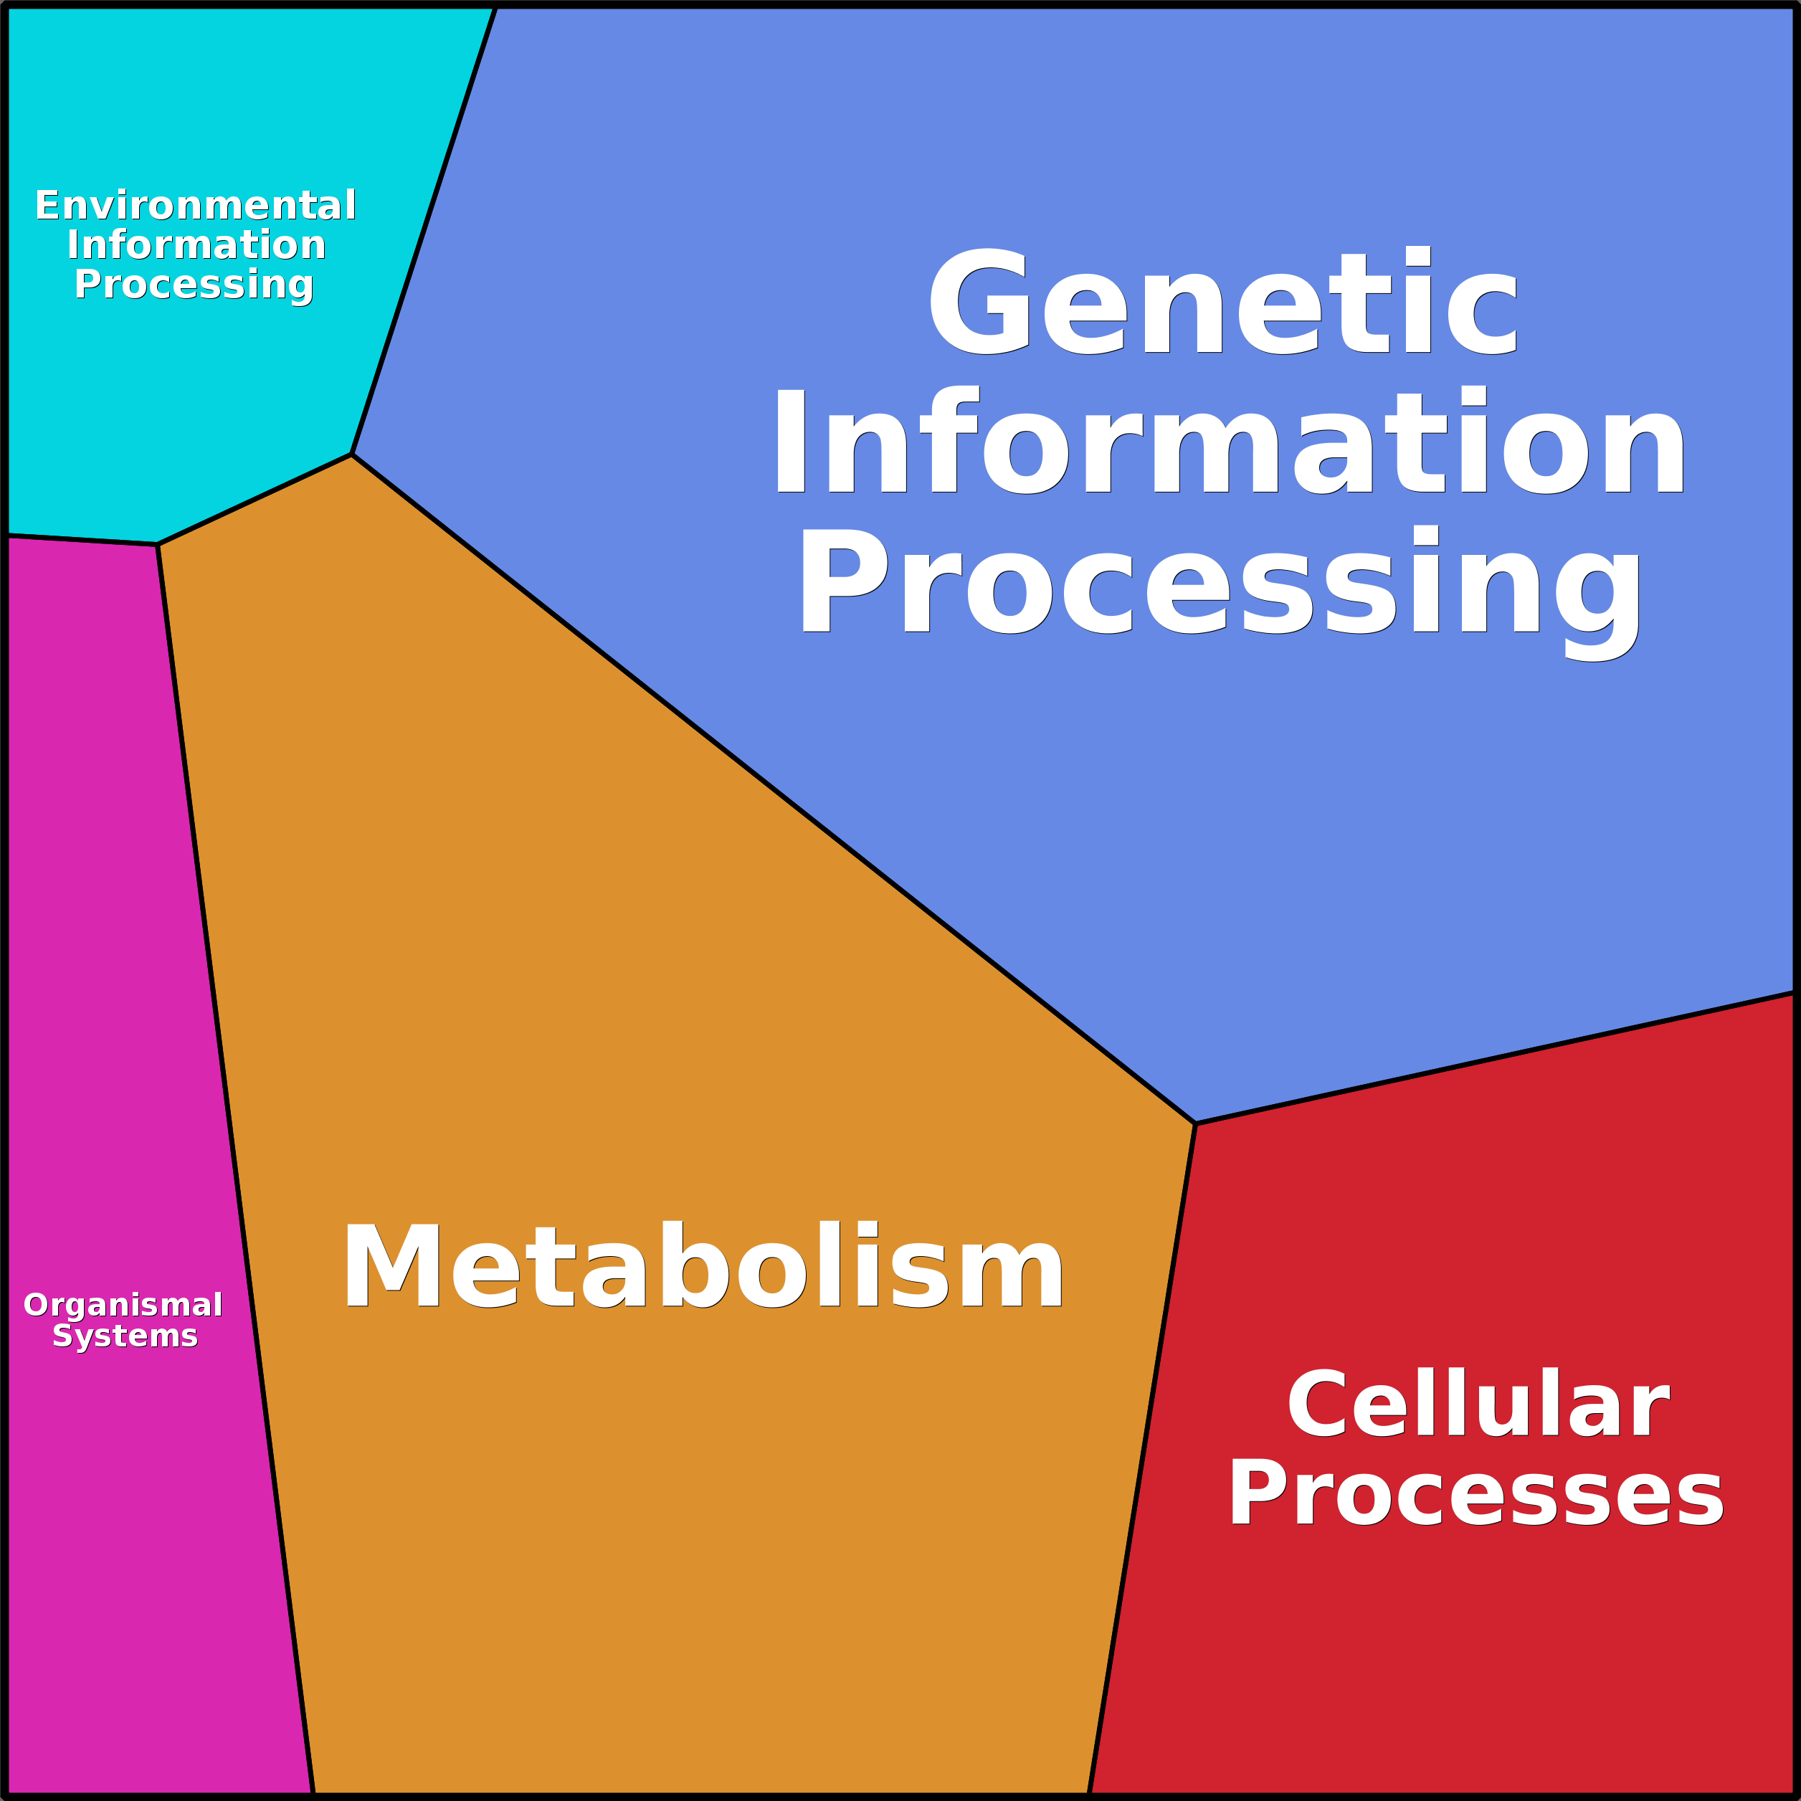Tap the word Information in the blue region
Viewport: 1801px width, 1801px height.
click(x=1229, y=441)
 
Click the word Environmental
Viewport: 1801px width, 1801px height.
click(x=195, y=205)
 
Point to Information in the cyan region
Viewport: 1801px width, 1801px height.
click(x=196, y=245)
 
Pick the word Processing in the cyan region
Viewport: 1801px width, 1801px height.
click(x=194, y=285)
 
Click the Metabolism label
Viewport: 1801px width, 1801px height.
click(x=702, y=1267)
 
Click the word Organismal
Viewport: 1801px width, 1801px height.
click(x=123, y=1304)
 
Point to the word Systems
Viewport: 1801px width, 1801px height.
click(x=125, y=1336)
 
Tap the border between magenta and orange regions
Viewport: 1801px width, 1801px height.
click(x=235, y=1165)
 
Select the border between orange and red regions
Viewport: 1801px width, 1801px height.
click(x=1142, y=1454)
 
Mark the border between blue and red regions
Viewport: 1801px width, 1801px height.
click(x=1491, y=1058)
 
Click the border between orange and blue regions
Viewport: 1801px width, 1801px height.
click(x=774, y=789)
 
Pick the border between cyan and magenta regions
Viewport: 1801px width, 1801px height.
click(x=82, y=540)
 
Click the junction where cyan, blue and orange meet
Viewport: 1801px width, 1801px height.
click(x=351, y=454)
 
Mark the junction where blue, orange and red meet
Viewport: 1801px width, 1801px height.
click(x=1195, y=1124)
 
